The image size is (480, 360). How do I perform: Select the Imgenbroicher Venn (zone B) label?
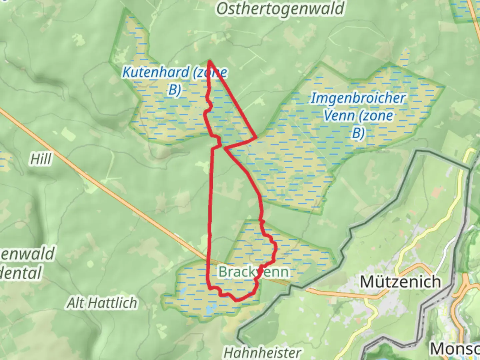pos(358,115)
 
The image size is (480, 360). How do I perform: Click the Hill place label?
pos(41,159)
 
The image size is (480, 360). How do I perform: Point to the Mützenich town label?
pos(400,282)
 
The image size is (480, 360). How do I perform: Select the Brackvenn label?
pos(253,272)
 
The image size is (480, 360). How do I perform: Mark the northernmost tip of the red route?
pos(210,61)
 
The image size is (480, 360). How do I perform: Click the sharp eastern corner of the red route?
pos(256,137)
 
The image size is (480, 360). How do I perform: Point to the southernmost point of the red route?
pos(237,300)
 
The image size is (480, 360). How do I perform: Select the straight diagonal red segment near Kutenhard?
pos(233,100)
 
